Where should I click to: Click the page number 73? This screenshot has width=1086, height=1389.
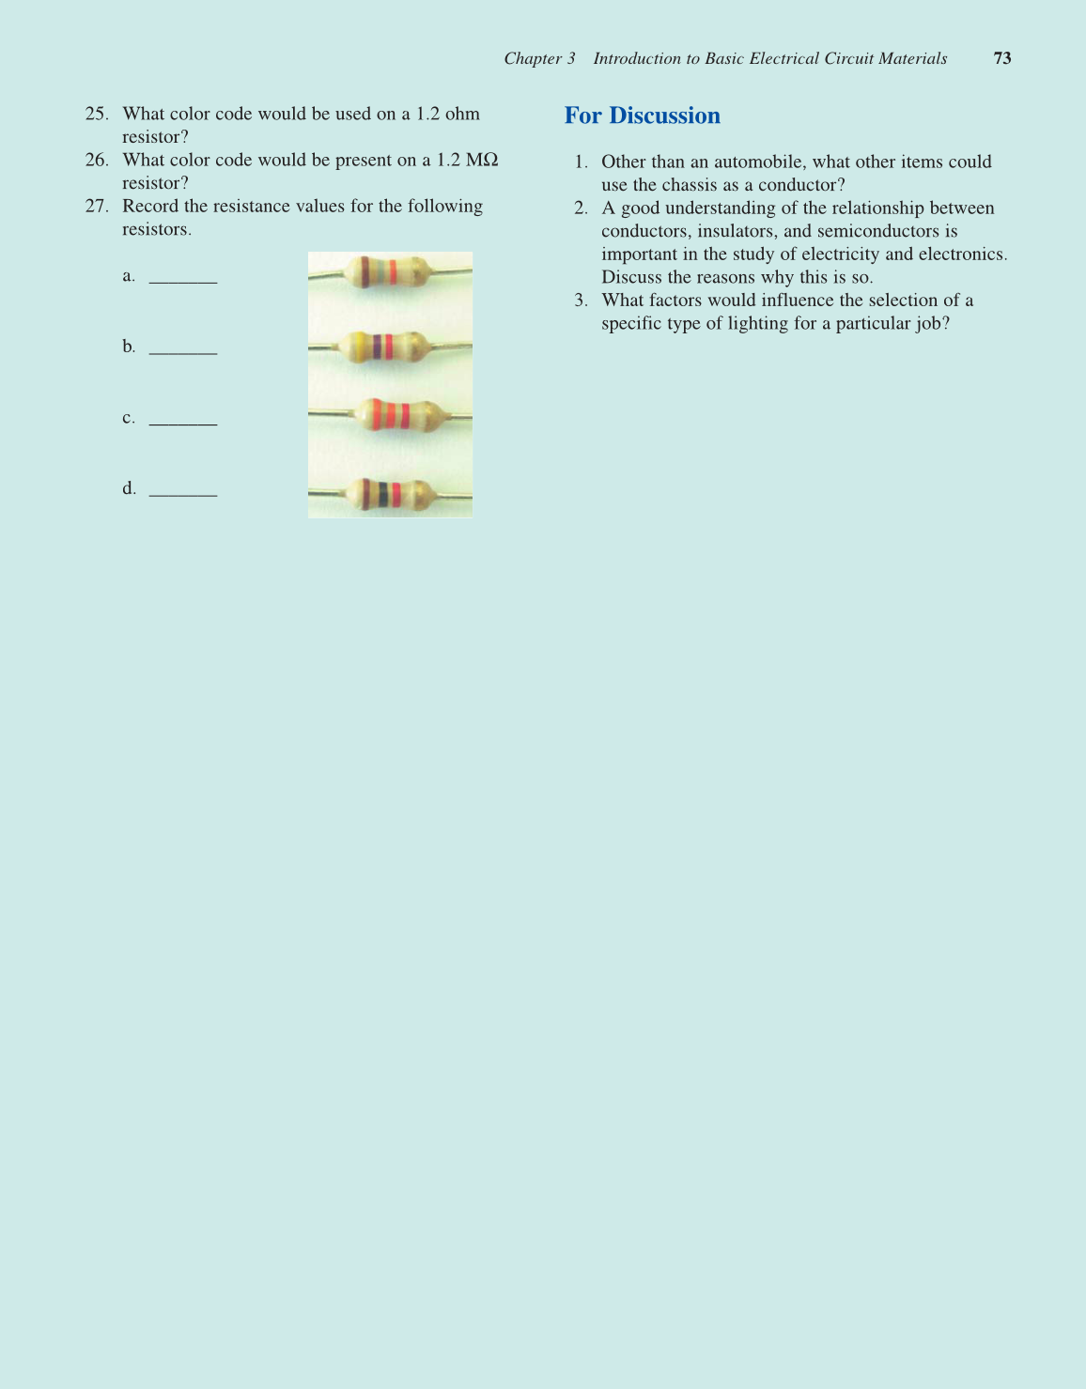tap(1002, 58)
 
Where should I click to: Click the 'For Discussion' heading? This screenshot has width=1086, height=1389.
tap(642, 116)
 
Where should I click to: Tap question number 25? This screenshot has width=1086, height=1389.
tap(96, 114)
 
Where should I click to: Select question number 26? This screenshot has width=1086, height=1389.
tap(96, 160)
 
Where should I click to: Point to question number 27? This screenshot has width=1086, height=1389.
tap(96, 206)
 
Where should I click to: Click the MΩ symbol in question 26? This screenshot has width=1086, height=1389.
tap(482, 160)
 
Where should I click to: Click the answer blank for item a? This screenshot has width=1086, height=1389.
tap(183, 277)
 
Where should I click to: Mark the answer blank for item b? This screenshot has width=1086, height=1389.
tap(183, 348)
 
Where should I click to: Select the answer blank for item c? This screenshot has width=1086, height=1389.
tap(183, 420)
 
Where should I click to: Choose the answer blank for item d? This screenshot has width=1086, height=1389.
tap(183, 490)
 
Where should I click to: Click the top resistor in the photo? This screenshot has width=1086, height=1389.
tap(385, 272)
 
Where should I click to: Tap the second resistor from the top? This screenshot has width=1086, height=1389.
tap(385, 347)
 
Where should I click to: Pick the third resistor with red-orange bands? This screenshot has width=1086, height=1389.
tap(387, 415)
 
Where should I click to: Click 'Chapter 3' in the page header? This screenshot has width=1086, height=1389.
tap(539, 58)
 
